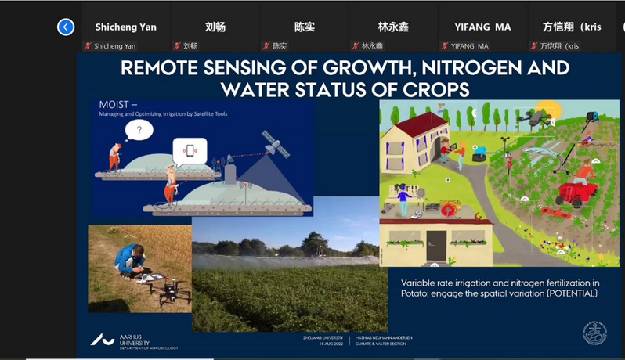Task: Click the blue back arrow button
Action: click(x=66, y=27)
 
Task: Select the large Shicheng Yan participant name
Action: click(x=125, y=27)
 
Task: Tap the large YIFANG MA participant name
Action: click(x=482, y=27)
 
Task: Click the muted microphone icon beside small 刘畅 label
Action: click(x=177, y=46)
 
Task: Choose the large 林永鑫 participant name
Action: click(x=394, y=27)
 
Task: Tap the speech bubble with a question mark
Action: click(x=139, y=130)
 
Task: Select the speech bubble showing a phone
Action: click(x=190, y=150)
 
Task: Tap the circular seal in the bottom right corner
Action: click(x=594, y=333)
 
